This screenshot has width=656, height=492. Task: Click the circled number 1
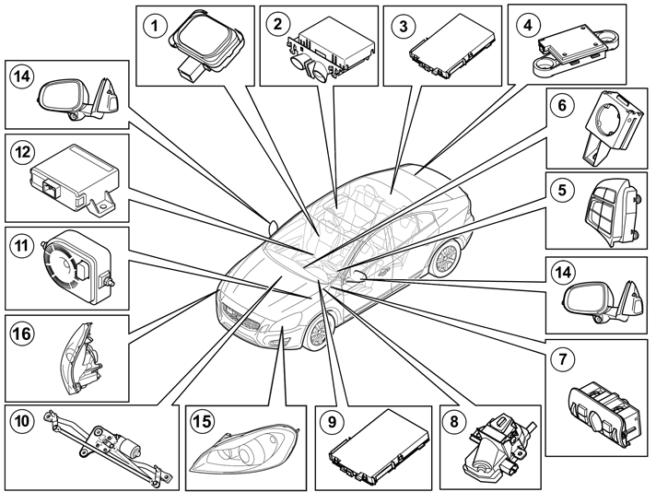(155, 26)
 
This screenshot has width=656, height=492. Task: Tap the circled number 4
(528, 25)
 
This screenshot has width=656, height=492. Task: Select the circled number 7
(563, 359)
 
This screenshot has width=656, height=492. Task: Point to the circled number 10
(22, 420)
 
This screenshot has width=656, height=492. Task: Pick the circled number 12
(22, 152)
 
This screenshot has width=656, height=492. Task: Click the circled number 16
(22, 334)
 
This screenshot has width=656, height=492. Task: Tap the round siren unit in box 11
(77, 266)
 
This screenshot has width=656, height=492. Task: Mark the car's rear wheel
(445, 259)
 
